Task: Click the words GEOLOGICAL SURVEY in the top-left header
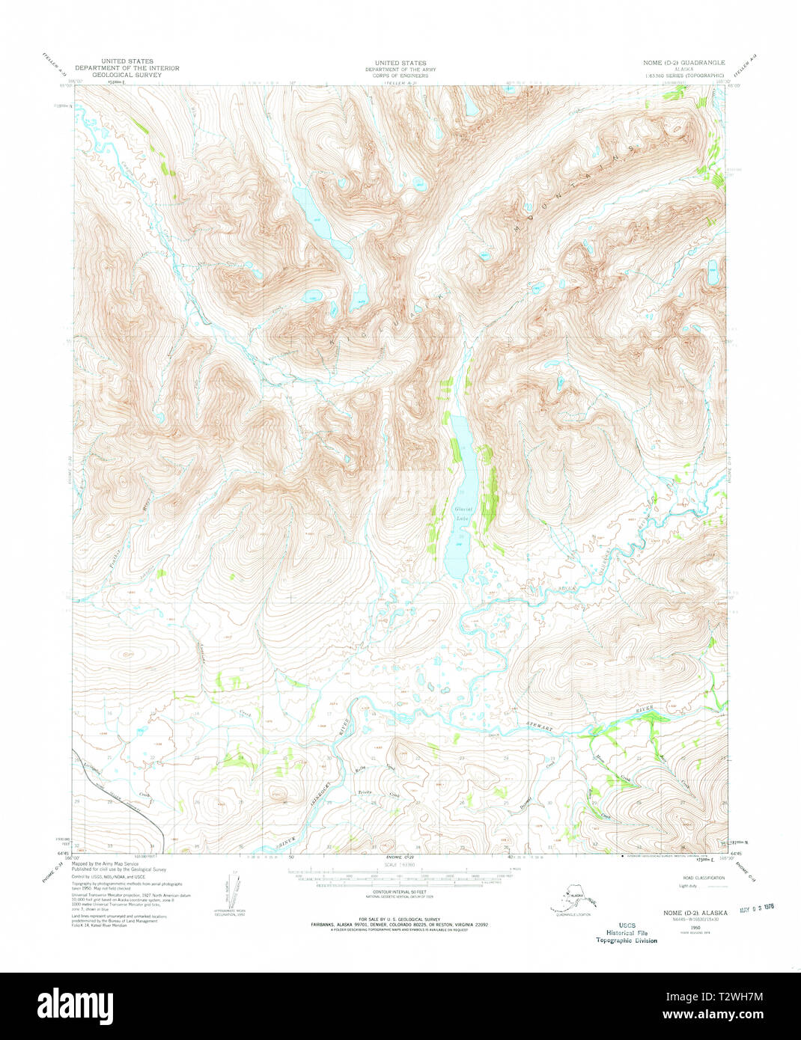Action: (127, 75)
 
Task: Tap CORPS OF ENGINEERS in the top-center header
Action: (400, 76)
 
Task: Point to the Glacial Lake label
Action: (463, 513)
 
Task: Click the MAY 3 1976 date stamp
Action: (756, 908)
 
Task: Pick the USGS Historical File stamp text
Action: (626, 933)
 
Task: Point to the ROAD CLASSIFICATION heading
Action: (703, 878)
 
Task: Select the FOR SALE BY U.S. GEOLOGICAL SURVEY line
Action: (400, 919)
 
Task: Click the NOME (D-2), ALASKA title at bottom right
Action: (695, 913)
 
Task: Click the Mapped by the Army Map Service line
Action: (105, 863)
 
